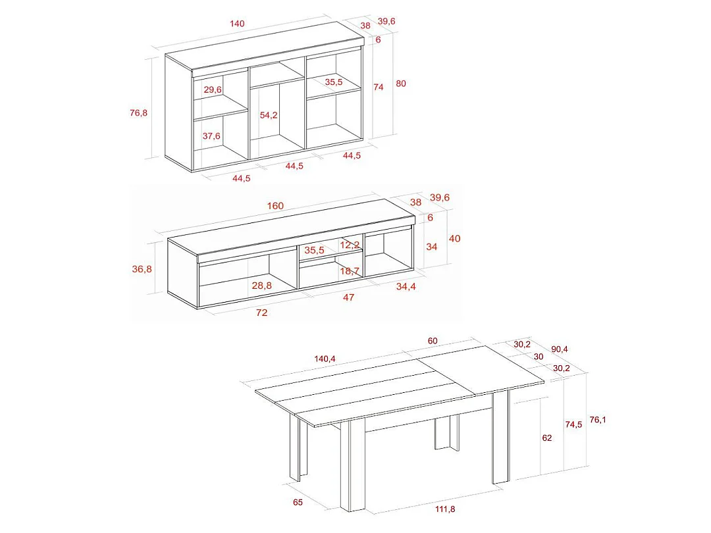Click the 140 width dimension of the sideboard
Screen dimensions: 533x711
[237, 24]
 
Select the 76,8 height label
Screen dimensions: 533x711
[138, 113]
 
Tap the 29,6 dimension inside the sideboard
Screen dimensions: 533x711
[213, 89]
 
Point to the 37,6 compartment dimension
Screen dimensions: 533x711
[211, 136]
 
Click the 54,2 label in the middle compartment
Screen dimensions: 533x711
[269, 115]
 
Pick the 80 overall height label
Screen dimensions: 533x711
[400, 84]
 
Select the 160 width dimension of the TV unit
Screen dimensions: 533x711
[275, 206]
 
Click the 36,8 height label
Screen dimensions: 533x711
[142, 268]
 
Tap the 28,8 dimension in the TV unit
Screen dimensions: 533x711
[261, 285]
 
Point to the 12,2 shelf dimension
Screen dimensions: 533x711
[350, 245]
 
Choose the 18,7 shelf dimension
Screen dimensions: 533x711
[350, 270]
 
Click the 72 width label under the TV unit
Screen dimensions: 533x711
[261, 313]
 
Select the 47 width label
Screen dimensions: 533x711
[348, 297]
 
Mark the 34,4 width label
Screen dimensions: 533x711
[406, 286]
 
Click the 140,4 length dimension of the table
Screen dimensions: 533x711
[325, 359]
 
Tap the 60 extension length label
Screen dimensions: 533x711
[433, 341]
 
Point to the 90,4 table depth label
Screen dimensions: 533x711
[561, 349]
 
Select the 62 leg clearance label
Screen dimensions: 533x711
[547, 438]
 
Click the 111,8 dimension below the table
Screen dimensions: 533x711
[444, 509]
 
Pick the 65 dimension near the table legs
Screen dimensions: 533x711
[298, 503]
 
